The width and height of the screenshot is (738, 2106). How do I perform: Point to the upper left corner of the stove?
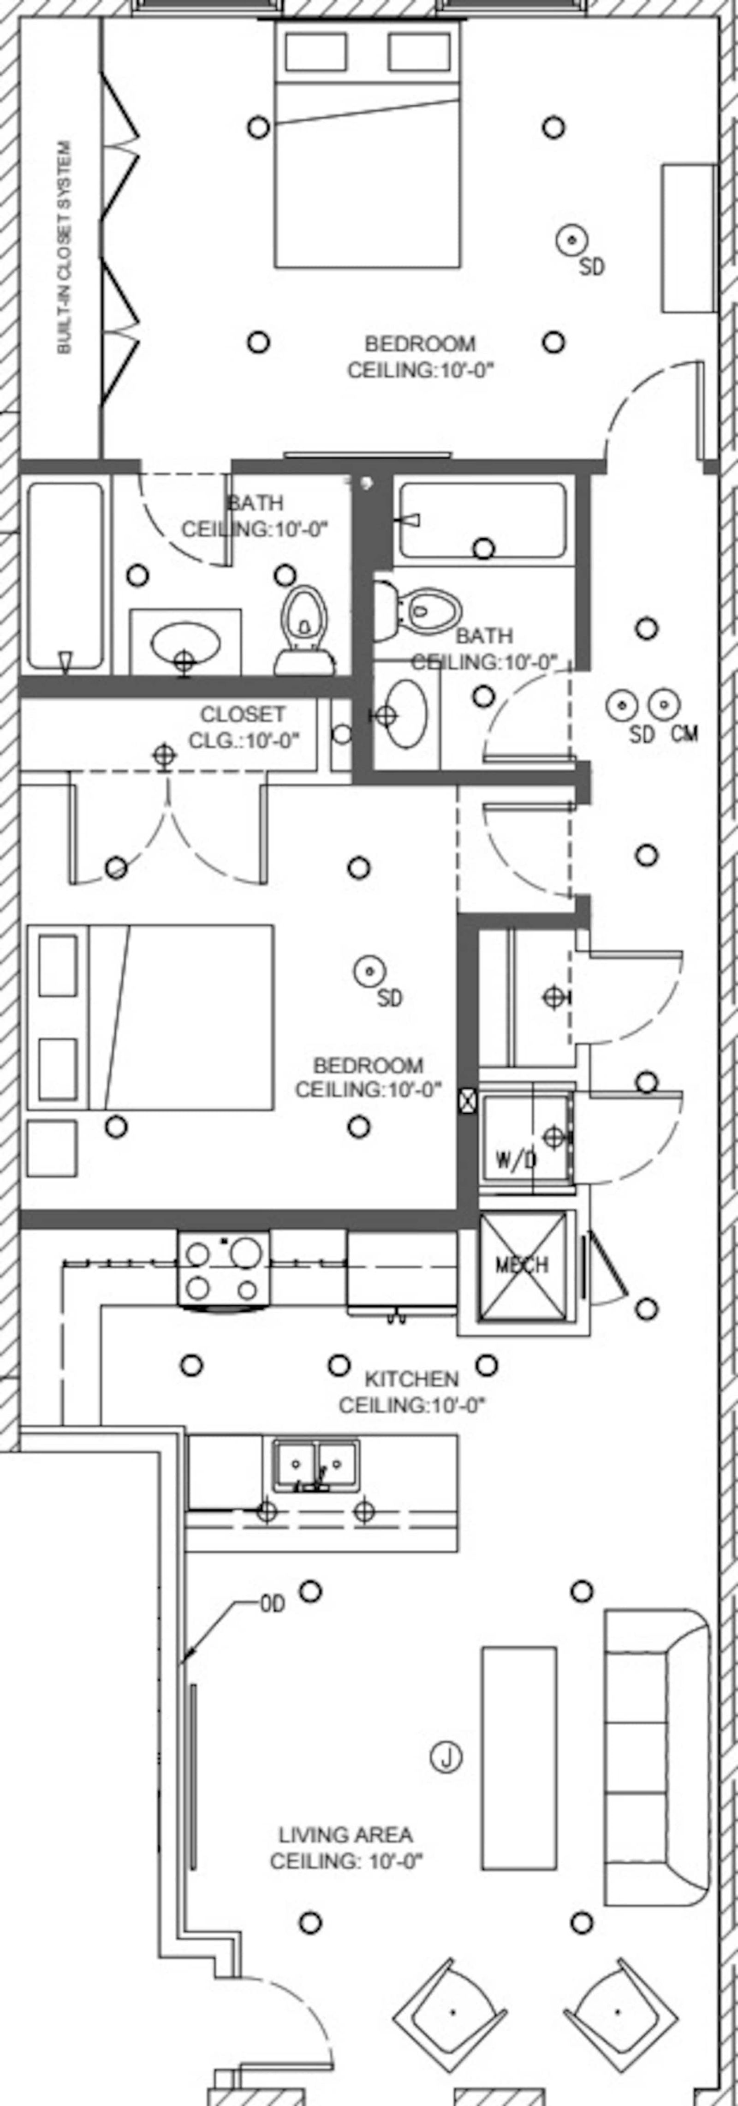tap(179, 1231)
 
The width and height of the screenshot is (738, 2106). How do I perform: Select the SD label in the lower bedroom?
tap(390, 998)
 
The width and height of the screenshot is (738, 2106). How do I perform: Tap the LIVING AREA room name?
tap(346, 1836)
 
